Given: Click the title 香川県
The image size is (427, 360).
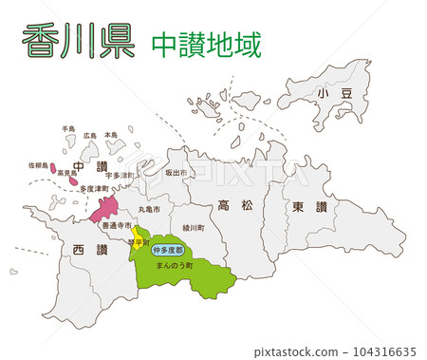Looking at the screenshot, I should pos(78,43).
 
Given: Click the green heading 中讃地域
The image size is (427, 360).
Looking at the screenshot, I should pos(206,45).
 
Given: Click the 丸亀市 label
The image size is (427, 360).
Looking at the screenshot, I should pos(150,208).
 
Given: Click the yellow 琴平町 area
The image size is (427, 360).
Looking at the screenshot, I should pos(138,237).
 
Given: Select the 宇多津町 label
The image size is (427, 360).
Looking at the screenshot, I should pos(120,176).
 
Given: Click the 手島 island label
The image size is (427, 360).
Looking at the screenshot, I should pos(67,128).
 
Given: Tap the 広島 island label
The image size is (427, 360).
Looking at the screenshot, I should pos(90,136).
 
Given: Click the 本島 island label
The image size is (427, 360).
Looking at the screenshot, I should pos(111,136).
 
